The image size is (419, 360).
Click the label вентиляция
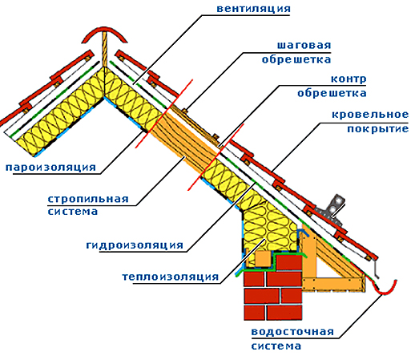[x=253, y=8]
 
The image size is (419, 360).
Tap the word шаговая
[x=304, y=45]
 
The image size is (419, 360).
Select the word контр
[x=348, y=79]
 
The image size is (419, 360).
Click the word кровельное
[x=370, y=115]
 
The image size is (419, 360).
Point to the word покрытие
[x=378, y=128]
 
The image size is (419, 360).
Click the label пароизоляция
[x=50, y=167]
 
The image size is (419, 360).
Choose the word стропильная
[x=88, y=199]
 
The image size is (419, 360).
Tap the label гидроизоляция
[x=135, y=245]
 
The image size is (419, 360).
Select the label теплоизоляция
[x=171, y=277]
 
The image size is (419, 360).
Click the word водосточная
[x=292, y=332]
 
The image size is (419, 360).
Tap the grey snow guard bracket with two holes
[x=334, y=208]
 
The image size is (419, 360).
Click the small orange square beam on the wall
[x=263, y=259]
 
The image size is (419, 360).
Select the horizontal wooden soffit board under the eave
[x=333, y=284]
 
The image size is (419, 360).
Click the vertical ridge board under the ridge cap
[x=104, y=49]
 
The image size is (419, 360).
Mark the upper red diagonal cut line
[x=163, y=114]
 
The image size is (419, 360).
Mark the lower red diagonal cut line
[x=216, y=157]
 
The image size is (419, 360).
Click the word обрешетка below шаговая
[x=296, y=59]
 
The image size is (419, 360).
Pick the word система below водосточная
[x=276, y=346]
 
